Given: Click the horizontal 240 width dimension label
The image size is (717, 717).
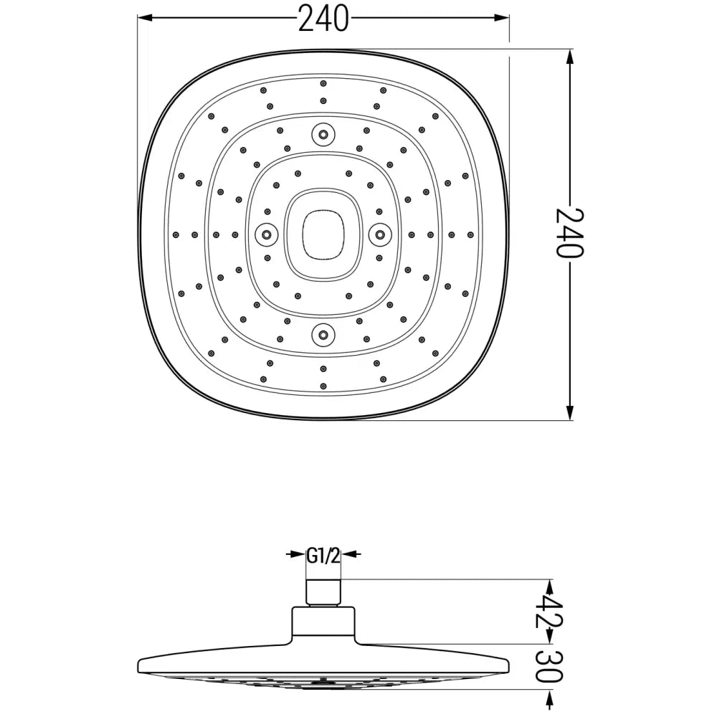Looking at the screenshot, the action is point(323,19).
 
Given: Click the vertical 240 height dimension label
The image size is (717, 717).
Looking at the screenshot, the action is point(570,233).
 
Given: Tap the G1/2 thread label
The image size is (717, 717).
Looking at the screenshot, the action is point(323,556).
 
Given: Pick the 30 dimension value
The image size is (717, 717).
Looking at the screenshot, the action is point(550,666).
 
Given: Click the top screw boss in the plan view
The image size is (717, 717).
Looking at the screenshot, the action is point(323,135).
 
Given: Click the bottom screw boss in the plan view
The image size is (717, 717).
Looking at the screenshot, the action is point(323,335).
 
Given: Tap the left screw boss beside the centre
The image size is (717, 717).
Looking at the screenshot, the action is point(266,234).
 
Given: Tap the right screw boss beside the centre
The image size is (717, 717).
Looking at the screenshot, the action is point(381,234).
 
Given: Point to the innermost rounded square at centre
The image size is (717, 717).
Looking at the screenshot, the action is point(303,234).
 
